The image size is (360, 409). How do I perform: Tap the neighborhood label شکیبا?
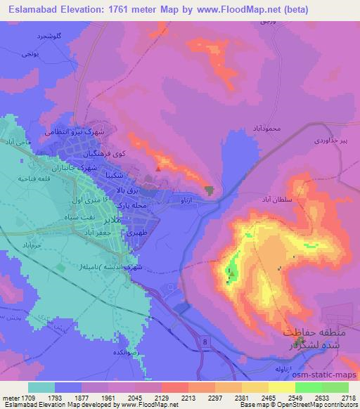click(x=117, y=173)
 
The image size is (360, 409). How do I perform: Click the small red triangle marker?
click(x=159, y=168)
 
